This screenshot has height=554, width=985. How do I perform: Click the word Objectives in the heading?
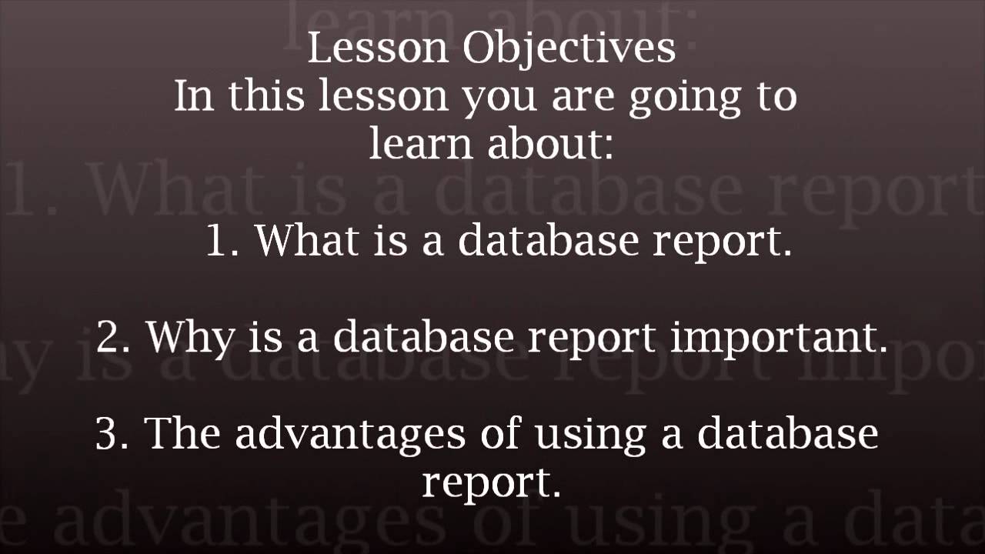[569, 49]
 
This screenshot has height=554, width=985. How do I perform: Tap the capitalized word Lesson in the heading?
[377, 48]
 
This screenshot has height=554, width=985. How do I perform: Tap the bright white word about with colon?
[551, 143]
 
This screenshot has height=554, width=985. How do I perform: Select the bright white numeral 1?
[223, 241]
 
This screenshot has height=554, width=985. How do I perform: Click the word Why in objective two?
[189, 337]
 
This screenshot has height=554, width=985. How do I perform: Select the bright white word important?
[779, 337]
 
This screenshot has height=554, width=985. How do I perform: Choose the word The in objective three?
[185, 432]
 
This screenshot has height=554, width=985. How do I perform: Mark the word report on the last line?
[489, 483]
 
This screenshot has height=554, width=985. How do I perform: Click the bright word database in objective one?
[549, 239]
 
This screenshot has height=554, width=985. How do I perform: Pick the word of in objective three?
[501, 433]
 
